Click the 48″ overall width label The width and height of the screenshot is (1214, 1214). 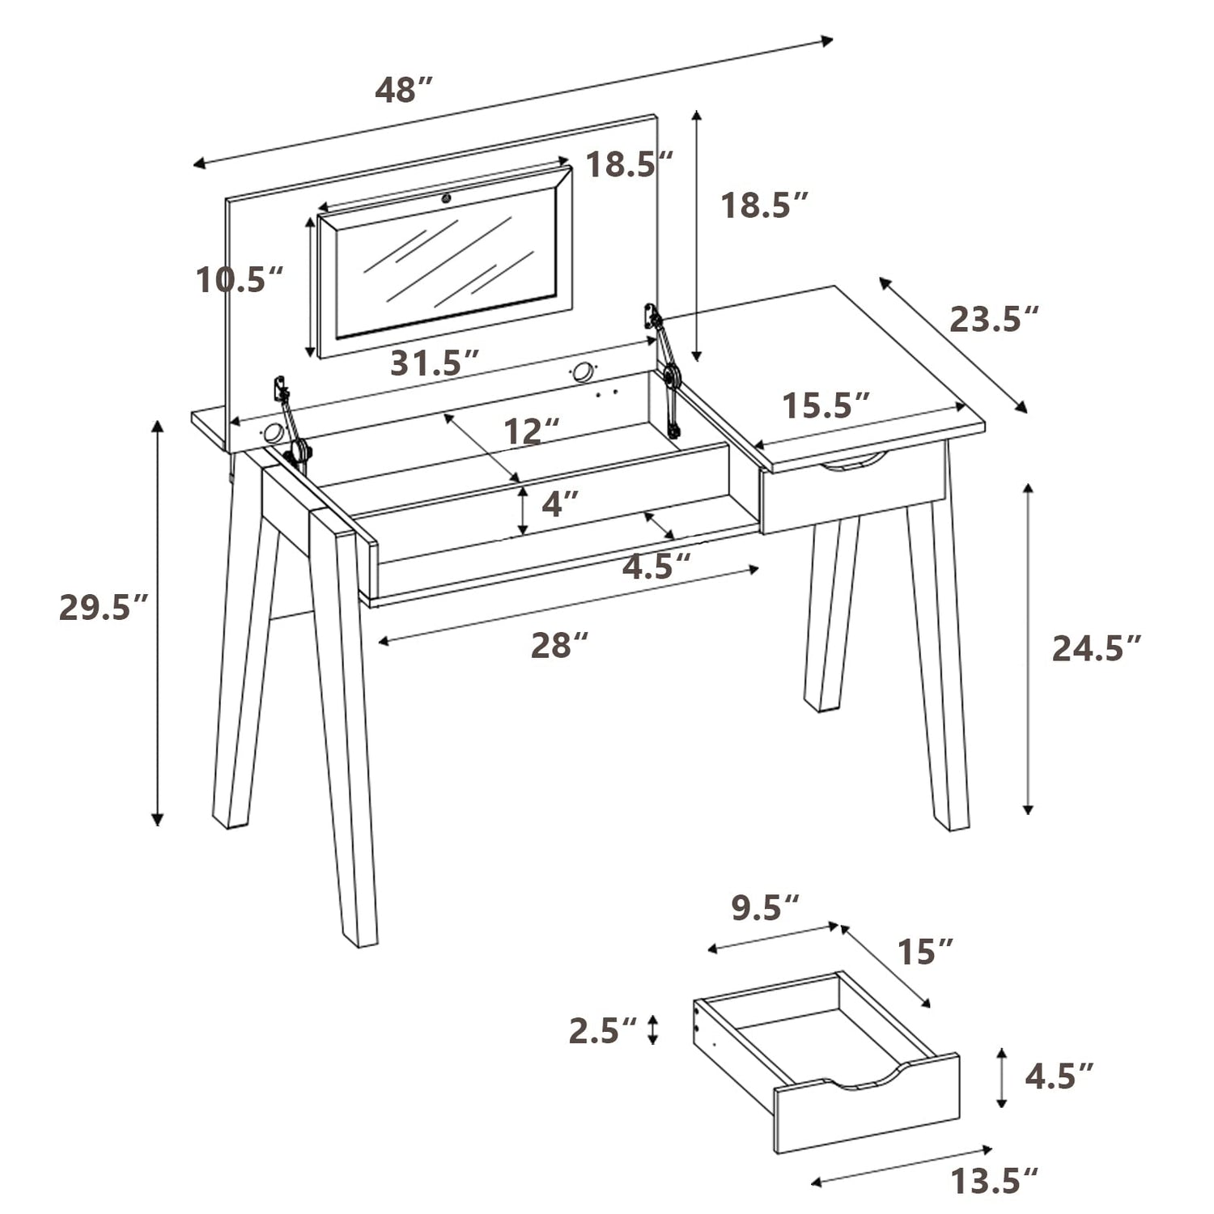(x=405, y=90)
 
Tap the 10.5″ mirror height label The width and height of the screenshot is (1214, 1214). (x=240, y=280)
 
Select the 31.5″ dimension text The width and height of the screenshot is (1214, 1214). (x=435, y=363)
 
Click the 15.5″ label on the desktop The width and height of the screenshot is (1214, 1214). (x=826, y=405)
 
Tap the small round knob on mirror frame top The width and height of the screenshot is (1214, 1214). (x=446, y=197)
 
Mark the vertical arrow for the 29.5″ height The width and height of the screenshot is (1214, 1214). (x=159, y=623)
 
